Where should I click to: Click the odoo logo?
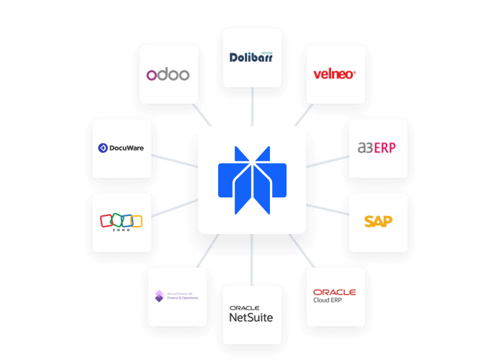coord(168,74)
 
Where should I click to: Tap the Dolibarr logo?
coord(251,57)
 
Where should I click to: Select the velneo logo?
coord(335,73)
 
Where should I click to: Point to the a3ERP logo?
coord(377,148)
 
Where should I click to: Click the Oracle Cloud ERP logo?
coord(335,296)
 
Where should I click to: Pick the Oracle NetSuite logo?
coord(251,314)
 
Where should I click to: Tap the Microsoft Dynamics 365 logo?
coord(176,296)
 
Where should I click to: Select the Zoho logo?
coord(122,222)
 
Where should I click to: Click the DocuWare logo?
coord(122,148)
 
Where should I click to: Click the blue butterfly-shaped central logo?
coord(252,179)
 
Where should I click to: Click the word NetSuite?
coord(251,318)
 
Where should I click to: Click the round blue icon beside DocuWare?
coord(102,148)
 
